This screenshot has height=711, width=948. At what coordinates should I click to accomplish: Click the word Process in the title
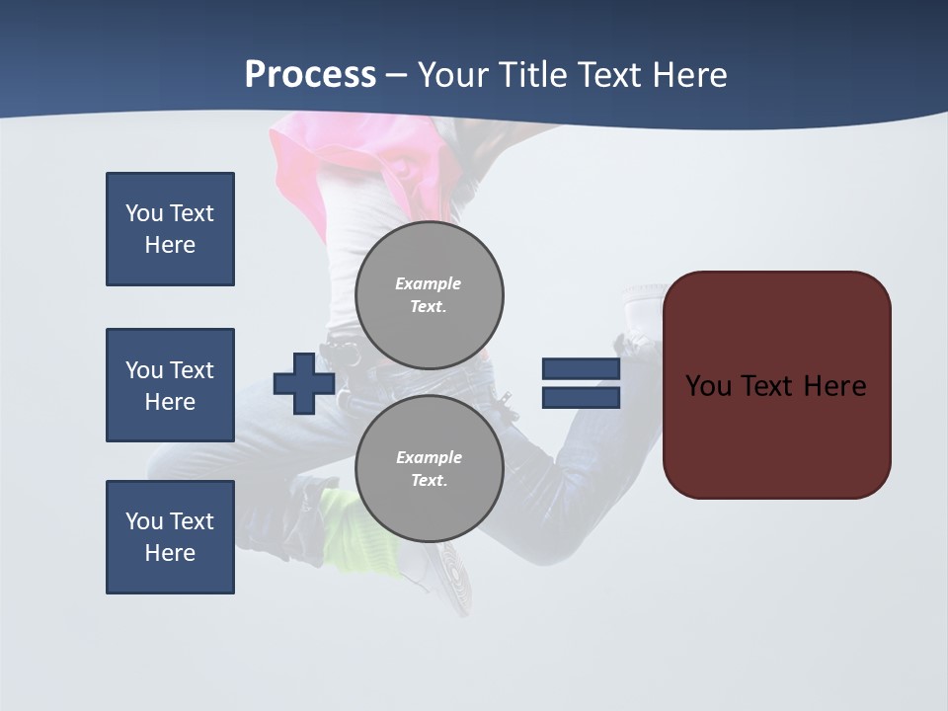coord(310,75)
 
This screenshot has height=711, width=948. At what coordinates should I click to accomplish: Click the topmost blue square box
coord(170,229)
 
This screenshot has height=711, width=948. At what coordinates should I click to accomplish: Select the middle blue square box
coord(170,385)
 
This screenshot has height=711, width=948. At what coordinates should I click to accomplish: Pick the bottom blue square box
coord(170,537)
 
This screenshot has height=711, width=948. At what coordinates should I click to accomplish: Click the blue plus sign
coord(304,383)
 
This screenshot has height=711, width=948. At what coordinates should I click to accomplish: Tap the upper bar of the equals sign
coord(581,368)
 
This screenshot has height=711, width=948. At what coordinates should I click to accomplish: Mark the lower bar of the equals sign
coord(581,398)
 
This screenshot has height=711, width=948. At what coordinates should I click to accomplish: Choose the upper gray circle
coord(430,294)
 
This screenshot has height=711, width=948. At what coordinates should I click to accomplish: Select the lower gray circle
coord(430,468)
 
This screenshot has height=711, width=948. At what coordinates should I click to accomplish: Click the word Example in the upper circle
coord(429,283)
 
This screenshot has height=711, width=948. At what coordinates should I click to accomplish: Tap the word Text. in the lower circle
coord(429,481)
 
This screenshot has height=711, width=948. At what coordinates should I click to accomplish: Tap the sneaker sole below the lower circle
coord(452,573)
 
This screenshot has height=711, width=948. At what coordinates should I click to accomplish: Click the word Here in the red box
coord(835,386)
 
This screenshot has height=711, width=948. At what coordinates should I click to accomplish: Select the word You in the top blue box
coord(143,213)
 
